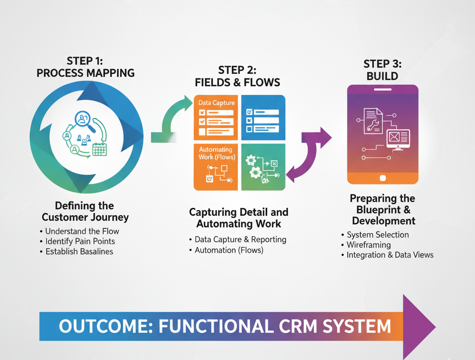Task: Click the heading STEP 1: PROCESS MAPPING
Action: coord(85,67)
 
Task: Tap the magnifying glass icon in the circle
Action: coord(86,121)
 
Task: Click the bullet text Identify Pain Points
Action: coord(80,241)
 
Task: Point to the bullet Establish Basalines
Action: coord(79,251)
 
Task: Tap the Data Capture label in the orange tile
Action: coord(216,103)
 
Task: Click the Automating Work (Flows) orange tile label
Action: coord(217,153)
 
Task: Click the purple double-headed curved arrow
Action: coord(309,153)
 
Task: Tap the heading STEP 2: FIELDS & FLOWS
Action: coord(237,77)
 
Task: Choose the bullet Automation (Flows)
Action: coord(229,250)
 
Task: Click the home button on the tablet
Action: coord(383,178)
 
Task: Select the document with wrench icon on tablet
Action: coord(373,121)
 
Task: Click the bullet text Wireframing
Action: coord(368,244)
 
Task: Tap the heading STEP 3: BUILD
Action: coord(382,70)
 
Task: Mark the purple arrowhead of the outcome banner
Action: coord(418,327)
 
